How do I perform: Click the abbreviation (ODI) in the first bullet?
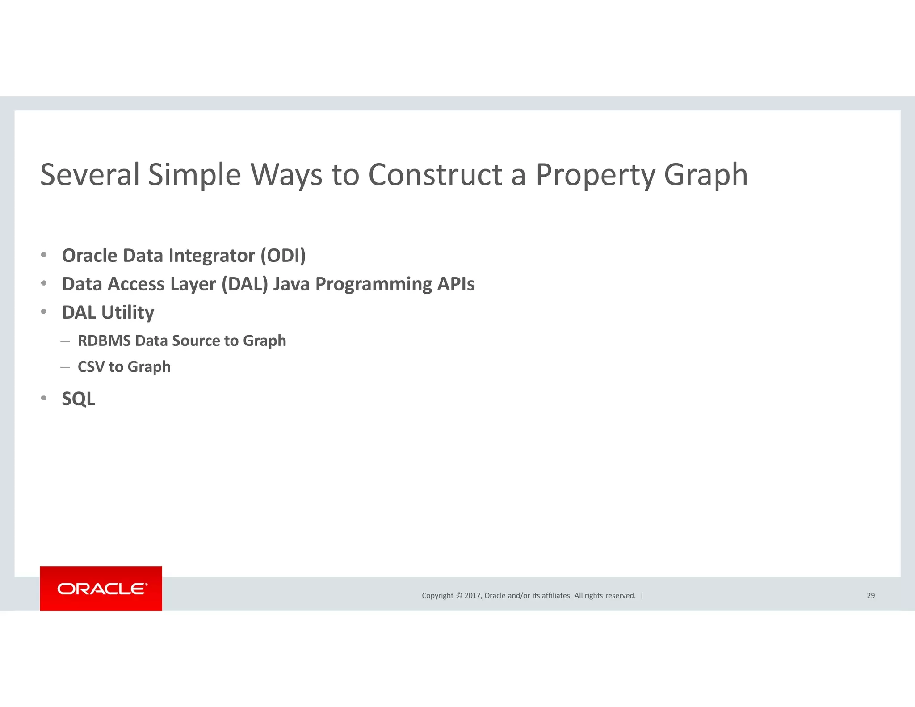(283, 256)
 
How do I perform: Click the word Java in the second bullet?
(291, 284)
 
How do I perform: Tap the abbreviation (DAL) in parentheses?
(244, 284)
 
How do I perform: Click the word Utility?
(127, 313)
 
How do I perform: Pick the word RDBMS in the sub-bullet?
(104, 341)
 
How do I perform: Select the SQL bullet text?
(78, 399)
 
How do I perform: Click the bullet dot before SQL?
(44, 398)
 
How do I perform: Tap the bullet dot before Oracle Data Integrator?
(44, 255)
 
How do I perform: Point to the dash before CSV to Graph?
(65, 367)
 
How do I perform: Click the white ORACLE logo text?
(101, 589)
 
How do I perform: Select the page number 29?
(870, 595)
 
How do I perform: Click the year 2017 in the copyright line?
(473, 595)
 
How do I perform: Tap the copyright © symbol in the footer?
(458, 595)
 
